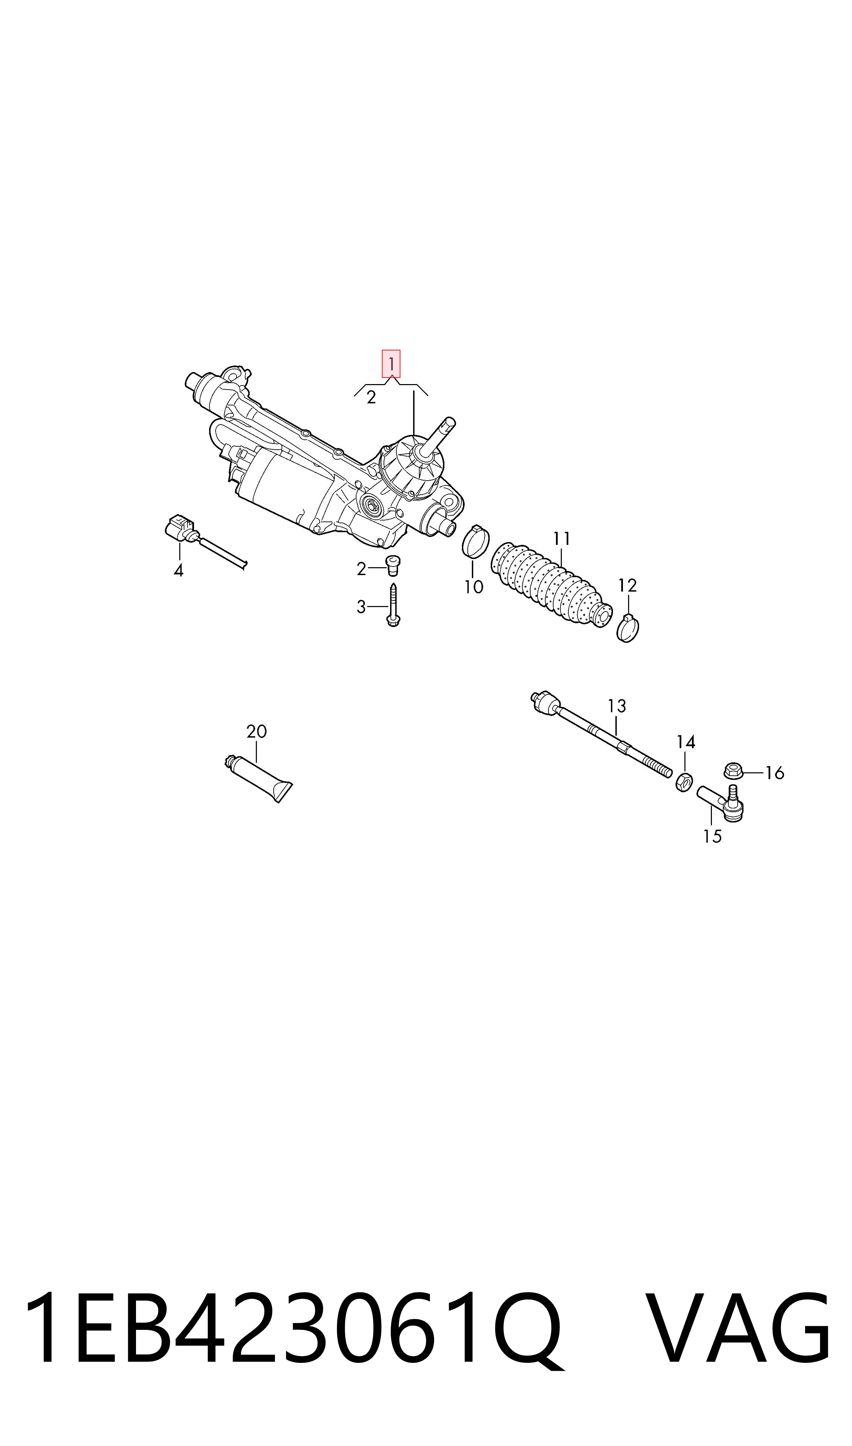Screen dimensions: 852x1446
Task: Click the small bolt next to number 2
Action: [x=393, y=565]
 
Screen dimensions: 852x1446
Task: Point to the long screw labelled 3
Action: [x=393, y=605]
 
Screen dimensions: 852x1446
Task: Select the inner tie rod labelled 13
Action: [x=601, y=735]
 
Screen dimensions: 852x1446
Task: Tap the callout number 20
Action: [x=257, y=732]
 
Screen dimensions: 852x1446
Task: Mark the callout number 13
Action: [x=617, y=706]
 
